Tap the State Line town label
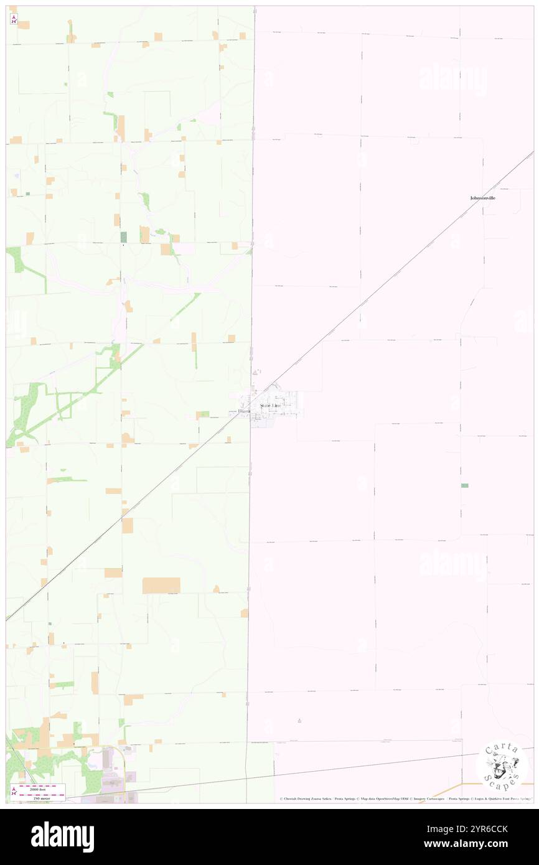coord(270,405)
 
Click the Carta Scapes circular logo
coord(502,765)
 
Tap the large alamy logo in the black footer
coord(63,836)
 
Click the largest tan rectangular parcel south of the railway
coord(161,585)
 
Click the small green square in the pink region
coord(464,485)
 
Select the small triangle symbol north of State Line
coord(255,372)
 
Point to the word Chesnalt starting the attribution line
coord(291,799)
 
